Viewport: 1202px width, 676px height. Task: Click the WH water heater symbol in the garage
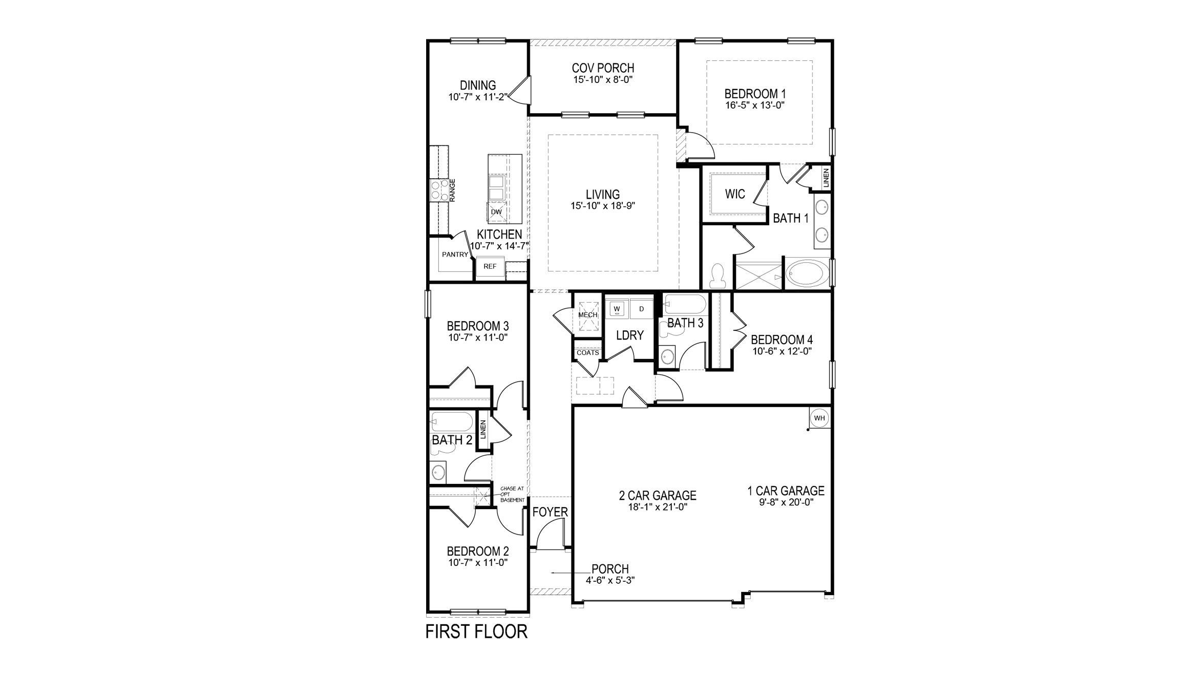point(819,418)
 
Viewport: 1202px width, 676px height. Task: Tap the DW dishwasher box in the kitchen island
point(138,212)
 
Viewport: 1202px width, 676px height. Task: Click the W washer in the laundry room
point(617,309)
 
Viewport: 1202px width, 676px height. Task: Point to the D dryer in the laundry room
point(641,309)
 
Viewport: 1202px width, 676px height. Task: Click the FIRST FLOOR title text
point(476,632)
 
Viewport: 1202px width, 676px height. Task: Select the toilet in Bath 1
point(718,274)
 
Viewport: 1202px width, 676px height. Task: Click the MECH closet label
point(588,315)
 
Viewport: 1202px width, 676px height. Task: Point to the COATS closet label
point(587,353)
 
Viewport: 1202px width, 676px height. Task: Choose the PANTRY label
point(455,254)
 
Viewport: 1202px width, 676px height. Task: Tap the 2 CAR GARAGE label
point(658,495)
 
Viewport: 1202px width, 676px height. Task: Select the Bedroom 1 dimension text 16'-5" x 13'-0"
point(755,105)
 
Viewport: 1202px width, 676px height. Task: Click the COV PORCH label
point(603,68)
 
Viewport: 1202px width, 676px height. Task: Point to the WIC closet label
point(734,194)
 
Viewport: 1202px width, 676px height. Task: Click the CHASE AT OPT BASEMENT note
point(512,494)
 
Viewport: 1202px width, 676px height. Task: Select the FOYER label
point(550,512)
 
